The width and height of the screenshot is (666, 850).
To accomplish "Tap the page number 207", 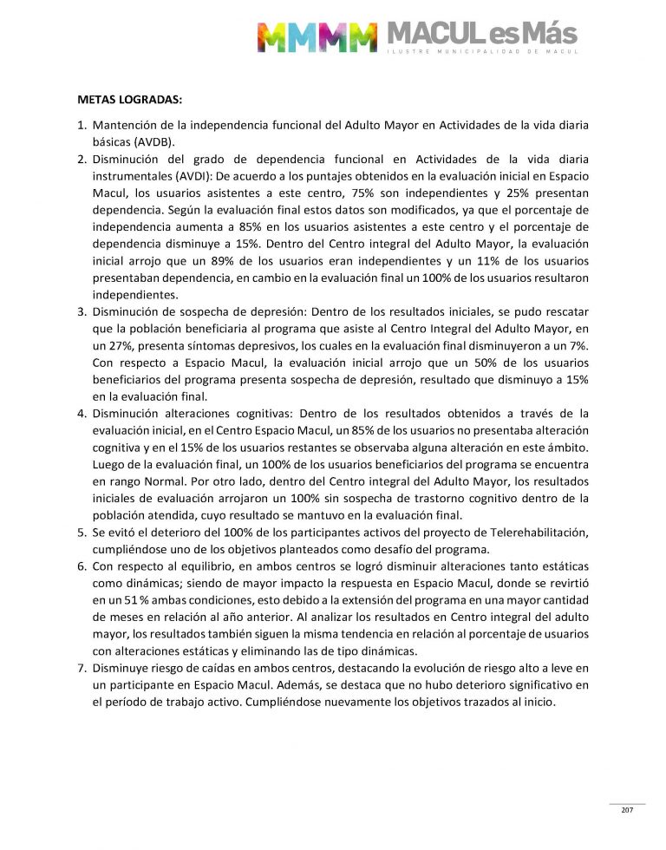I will pos(627,809).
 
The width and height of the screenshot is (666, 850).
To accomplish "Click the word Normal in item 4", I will pos(178,481).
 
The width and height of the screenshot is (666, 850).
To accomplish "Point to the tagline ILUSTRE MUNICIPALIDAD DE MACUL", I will pos(481,54).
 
